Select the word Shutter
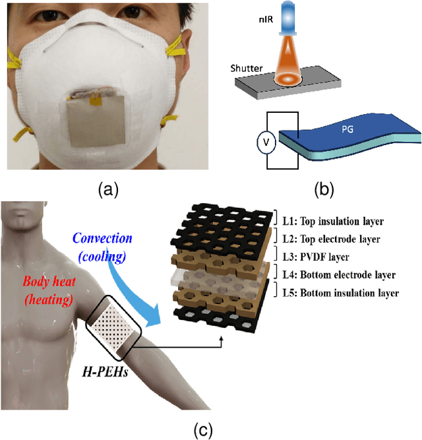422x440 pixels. coord(248,68)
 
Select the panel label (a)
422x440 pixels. coord(107,191)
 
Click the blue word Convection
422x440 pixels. coord(103,237)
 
